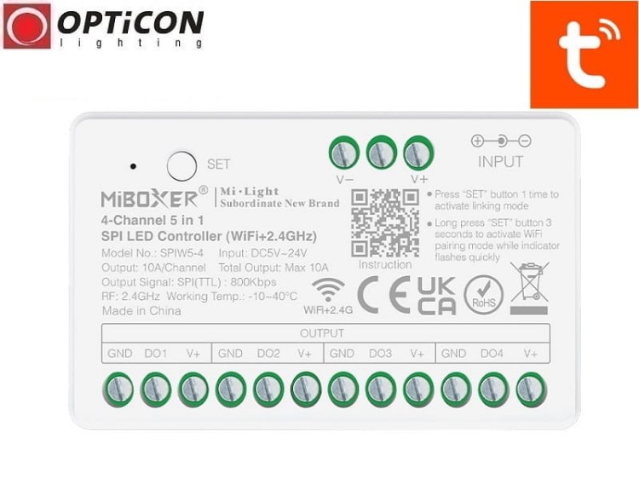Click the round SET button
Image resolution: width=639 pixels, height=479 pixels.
[x=181, y=164]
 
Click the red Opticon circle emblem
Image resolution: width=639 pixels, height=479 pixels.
[x=26, y=26]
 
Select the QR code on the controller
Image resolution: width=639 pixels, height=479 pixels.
[x=384, y=222]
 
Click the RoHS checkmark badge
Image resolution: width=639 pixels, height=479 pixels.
[x=483, y=295]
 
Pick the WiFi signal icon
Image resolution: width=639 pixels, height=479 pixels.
[x=329, y=289]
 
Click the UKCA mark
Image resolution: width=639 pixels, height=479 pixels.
[x=436, y=295]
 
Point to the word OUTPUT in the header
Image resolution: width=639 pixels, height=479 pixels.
[x=322, y=333]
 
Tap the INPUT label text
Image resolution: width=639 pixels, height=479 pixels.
[x=501, y=161]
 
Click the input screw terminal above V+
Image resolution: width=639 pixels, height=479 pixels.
[x=417, y=153]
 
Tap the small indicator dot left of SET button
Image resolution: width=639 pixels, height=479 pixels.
[x=134, y=165]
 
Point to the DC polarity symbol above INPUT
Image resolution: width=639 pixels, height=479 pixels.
[x=501, y=141]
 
